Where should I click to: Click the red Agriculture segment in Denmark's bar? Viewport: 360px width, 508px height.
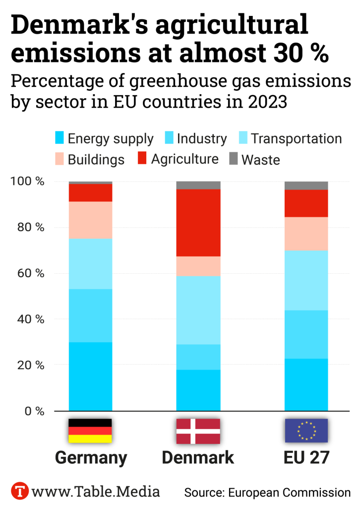198,223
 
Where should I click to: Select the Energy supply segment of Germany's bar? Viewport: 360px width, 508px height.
90,377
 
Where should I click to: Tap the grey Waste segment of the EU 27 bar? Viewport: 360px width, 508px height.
306,186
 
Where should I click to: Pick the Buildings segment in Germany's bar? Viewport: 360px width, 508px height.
90,220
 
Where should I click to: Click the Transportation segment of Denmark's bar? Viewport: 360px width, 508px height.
198,310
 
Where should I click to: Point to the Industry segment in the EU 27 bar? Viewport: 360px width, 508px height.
306,334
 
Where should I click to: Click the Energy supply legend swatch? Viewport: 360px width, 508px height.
60,138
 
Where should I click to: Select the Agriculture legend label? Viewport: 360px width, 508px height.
184,159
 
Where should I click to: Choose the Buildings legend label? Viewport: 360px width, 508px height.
96,160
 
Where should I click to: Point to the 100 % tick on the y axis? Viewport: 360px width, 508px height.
27,182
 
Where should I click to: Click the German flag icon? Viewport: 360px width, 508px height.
90,431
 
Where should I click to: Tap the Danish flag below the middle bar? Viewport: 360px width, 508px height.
198,431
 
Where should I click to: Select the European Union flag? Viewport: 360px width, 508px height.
306,431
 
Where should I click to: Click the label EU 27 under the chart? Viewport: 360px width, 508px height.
306,457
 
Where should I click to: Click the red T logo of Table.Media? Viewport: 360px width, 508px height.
19,491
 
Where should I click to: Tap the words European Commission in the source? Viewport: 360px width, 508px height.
289,493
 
